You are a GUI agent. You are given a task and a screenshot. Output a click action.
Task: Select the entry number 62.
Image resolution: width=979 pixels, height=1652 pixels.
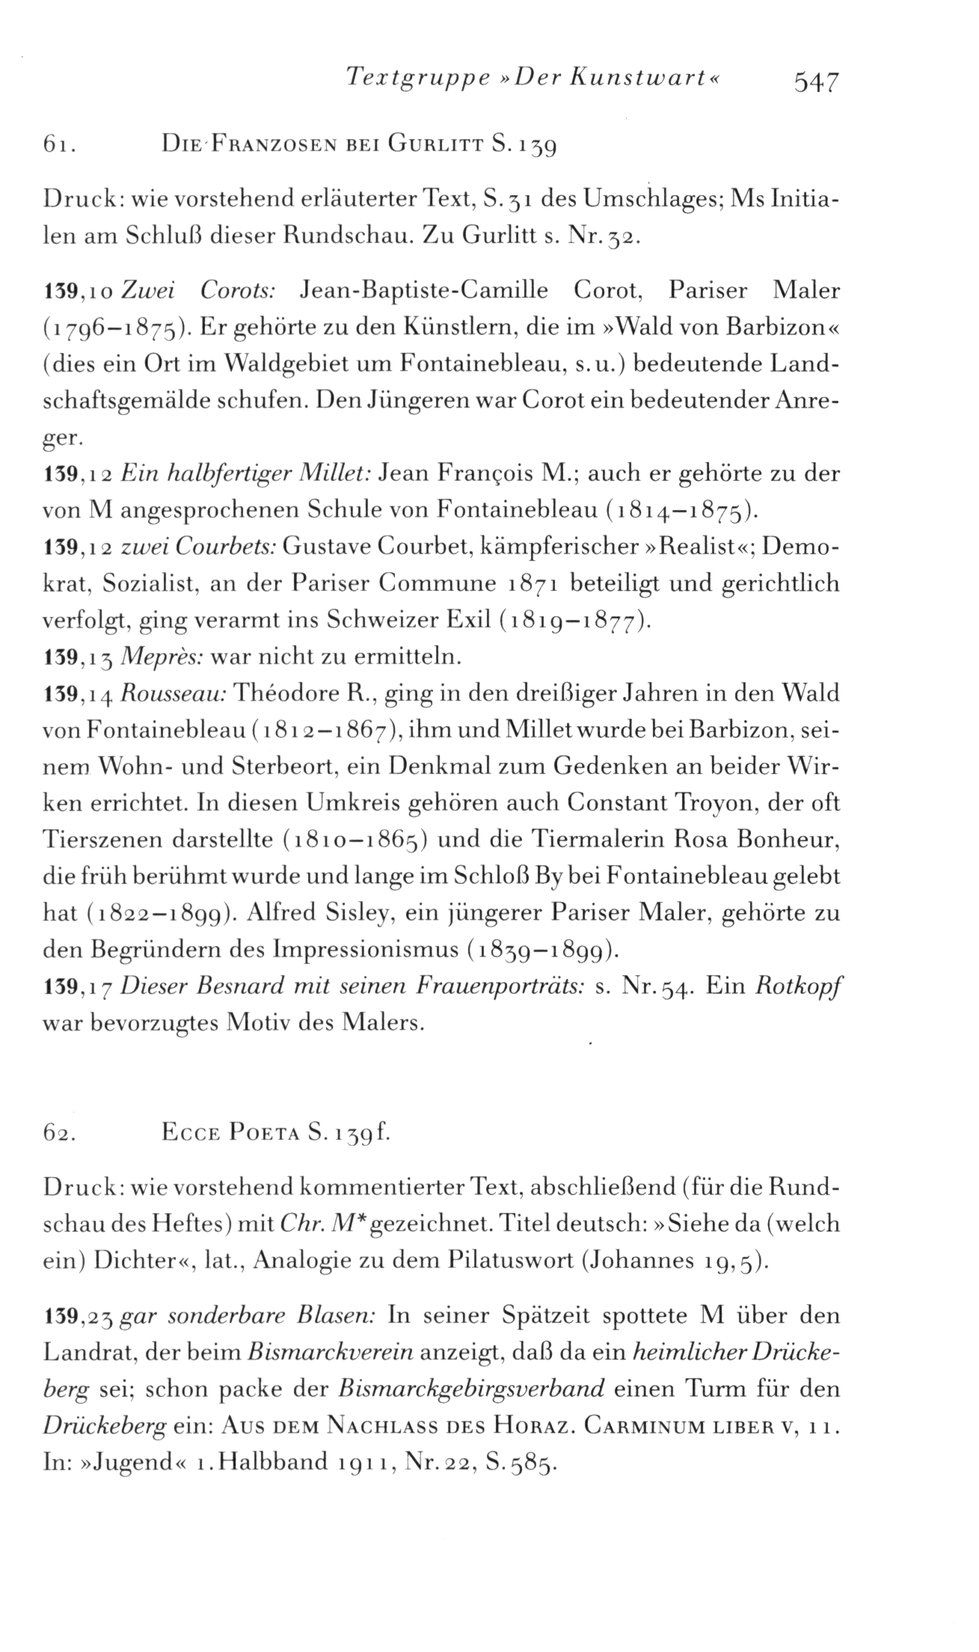tap(61, 1131)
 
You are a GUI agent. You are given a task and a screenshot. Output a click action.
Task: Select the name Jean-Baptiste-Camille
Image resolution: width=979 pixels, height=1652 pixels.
tap(423, 289)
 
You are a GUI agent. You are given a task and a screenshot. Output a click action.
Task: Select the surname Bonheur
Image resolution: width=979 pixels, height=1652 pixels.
tap(794, 839)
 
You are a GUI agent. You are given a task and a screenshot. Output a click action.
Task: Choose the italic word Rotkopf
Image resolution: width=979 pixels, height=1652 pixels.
tap(798, 986)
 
